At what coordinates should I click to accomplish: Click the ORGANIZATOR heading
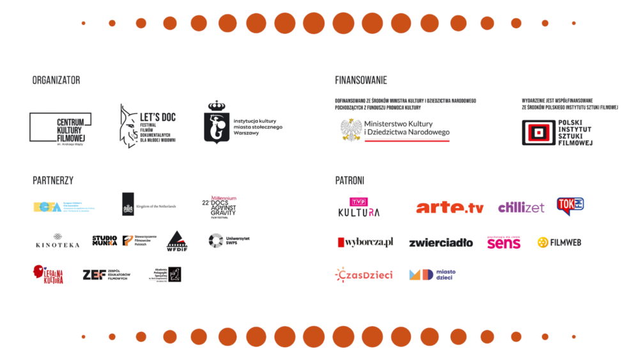click(56, 81)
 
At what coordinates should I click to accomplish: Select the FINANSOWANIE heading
click(361, 81)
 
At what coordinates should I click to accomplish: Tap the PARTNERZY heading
click(52, 180)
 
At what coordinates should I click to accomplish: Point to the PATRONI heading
click(350, 180)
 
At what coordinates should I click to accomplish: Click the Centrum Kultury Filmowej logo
click(59, 128)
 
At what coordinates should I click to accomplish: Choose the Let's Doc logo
click(147, 126)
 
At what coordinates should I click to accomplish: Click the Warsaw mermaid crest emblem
click(217, 123)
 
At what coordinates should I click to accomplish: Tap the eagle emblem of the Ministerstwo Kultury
click(351, 130)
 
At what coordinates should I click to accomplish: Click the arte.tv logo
click(450, 207)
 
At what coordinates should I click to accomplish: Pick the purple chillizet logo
click(521, 207)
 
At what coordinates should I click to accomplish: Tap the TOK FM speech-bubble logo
click(570, 206)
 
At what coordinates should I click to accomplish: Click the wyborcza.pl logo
click(365, 242)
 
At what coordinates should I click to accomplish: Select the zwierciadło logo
click(440, 242)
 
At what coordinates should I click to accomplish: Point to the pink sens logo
click(504, 242)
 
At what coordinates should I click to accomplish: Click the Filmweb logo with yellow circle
click(559, 242)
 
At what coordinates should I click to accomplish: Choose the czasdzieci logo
click(364, 274)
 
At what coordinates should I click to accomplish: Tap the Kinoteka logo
click(58, 242)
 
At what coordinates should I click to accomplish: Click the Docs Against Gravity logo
click(219, 207)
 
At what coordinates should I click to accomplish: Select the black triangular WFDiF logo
click(177, 242)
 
